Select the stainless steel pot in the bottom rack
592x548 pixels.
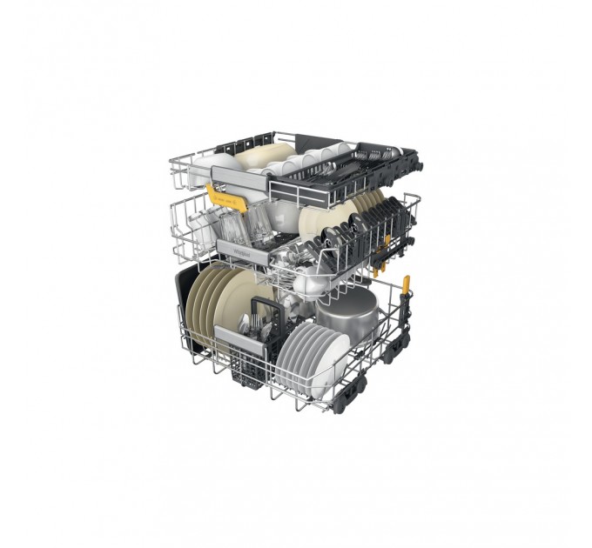pos(346,314)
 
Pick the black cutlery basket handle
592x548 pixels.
pos(262,308)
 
